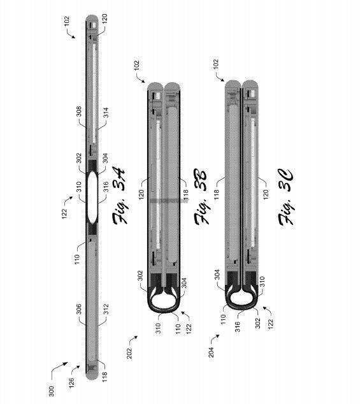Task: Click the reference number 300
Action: point(52,391)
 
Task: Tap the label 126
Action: point(71,382)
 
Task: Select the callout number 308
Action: point(79,112)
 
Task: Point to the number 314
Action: point(106,113)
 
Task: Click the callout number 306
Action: point(79,310)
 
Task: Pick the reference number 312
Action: point(106,310)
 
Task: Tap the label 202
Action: point(129,353)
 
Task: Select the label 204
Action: point(211,352)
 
